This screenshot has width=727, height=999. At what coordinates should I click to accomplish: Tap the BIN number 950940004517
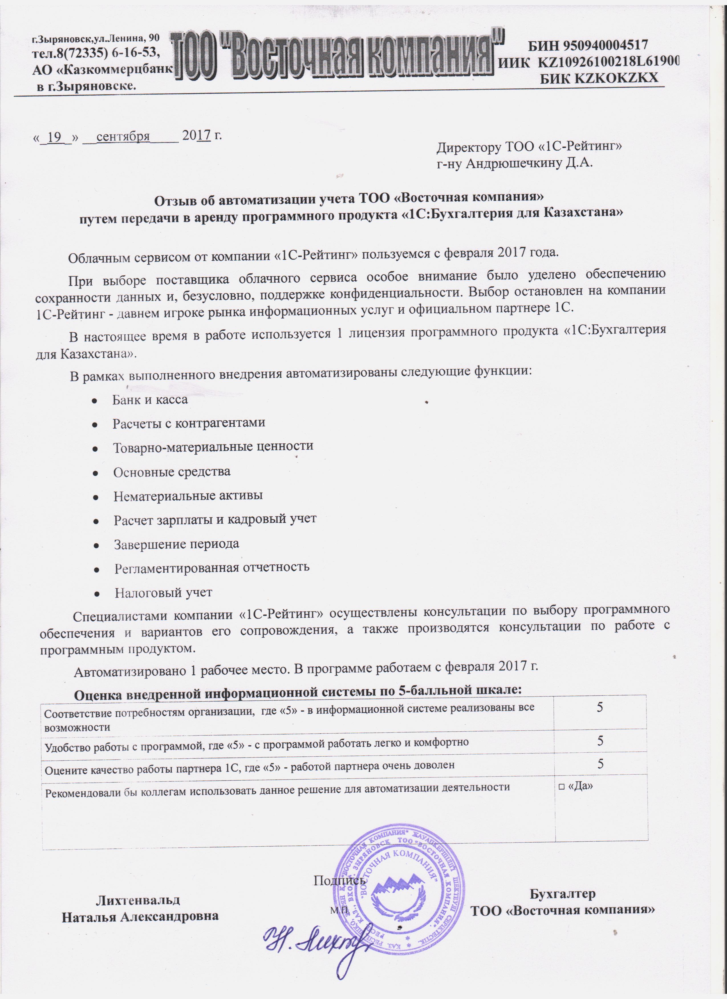point(588,45)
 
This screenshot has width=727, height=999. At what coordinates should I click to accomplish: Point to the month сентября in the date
point(123,136)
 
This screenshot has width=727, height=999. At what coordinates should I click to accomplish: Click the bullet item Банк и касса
point(150,400)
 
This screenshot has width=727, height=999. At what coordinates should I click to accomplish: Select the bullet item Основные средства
point(172,472)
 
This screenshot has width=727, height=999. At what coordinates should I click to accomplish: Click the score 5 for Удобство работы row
point(600,741)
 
